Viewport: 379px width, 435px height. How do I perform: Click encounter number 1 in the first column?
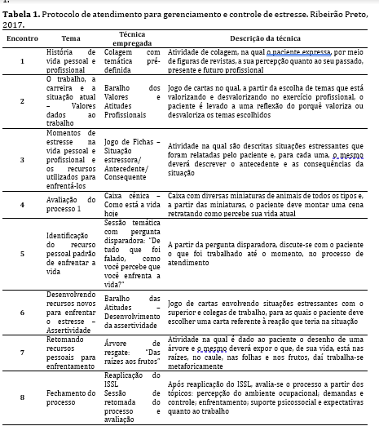21,61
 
